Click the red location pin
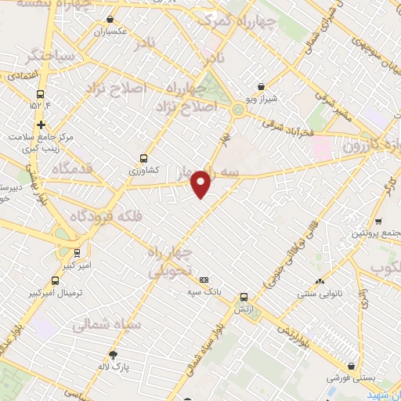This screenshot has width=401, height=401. click(201, 183)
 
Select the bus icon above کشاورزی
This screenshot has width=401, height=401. click(143, 157)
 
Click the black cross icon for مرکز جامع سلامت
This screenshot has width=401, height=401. click(41, 124)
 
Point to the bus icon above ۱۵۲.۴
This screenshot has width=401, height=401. click(40, 92)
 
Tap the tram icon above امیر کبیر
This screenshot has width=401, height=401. click(77, 252)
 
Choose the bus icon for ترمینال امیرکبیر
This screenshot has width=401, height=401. click(55, 280)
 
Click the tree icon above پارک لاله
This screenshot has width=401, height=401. click(114, 354)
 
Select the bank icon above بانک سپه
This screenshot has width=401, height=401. click(204, 280)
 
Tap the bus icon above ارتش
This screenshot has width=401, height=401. click(244, 297)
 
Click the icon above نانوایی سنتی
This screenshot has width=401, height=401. click(319, 282)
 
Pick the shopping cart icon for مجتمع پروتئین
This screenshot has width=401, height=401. click(379, 221)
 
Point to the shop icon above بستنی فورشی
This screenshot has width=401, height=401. click(354, 365)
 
